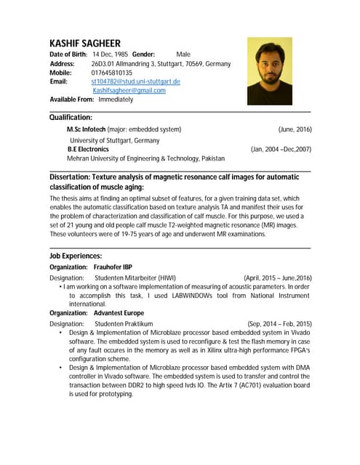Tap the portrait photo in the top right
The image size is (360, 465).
(x=269, y=71)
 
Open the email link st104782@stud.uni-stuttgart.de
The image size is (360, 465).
(x=135, y=81)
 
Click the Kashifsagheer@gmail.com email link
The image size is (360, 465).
(x=129, y=91)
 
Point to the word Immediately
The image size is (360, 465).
(x=116, y=100)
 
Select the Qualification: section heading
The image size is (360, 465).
(x=71, y=117)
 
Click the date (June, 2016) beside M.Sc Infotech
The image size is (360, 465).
(x=295, y=129)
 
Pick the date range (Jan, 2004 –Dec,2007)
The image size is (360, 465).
(x=281, y=149)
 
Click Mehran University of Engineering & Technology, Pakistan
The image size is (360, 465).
(x=145, y=158)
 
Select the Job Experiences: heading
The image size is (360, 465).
(x=75, y=256)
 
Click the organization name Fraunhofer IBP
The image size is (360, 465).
(x=112, y=267)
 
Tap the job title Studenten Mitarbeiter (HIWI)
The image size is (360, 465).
(x=135, y=278)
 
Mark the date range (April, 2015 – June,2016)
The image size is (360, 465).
(x=277, y=278)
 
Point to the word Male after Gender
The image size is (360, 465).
(x=183, y=54)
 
